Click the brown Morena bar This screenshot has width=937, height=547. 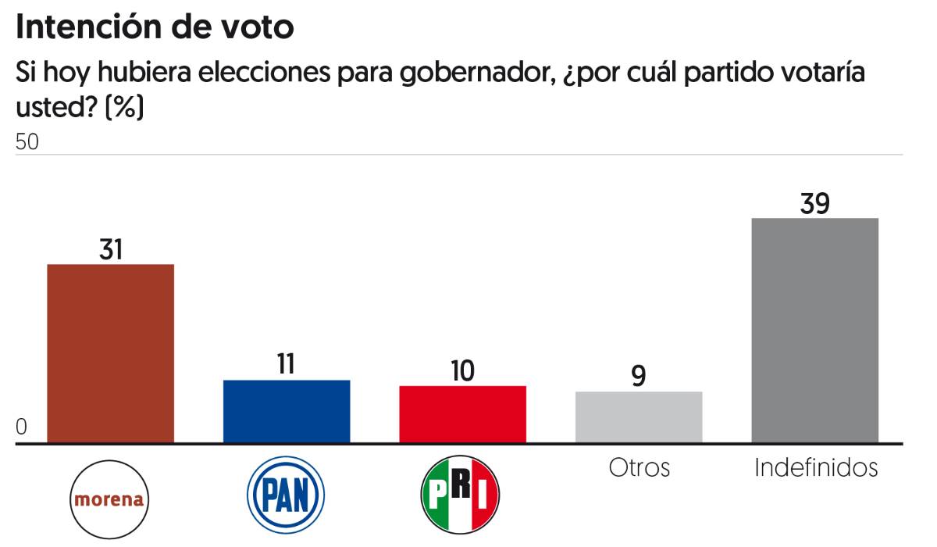click(111, 353)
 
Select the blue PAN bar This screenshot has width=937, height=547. click(287, 411)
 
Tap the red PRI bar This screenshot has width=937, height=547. click(462, 414)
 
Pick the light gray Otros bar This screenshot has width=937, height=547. click(639, 417)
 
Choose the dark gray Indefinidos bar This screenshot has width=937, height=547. click(814, 330)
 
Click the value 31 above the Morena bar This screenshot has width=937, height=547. click(111, 249)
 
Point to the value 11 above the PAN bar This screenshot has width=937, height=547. click(286, 365)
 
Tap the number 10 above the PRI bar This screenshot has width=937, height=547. click(462, 370)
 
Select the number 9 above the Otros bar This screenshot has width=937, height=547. click(639, 376)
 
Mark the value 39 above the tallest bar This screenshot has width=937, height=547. click(814, 203)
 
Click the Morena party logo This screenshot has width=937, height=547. click(110, 499)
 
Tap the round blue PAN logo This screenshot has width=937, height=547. click(286, 495)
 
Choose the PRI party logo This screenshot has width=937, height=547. click(460, 494)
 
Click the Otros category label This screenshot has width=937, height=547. click(639, 467)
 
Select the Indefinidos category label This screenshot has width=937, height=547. click(816, 467)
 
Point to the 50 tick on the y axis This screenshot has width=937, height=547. click(27, 143)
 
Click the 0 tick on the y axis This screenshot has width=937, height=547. click(22, 427)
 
